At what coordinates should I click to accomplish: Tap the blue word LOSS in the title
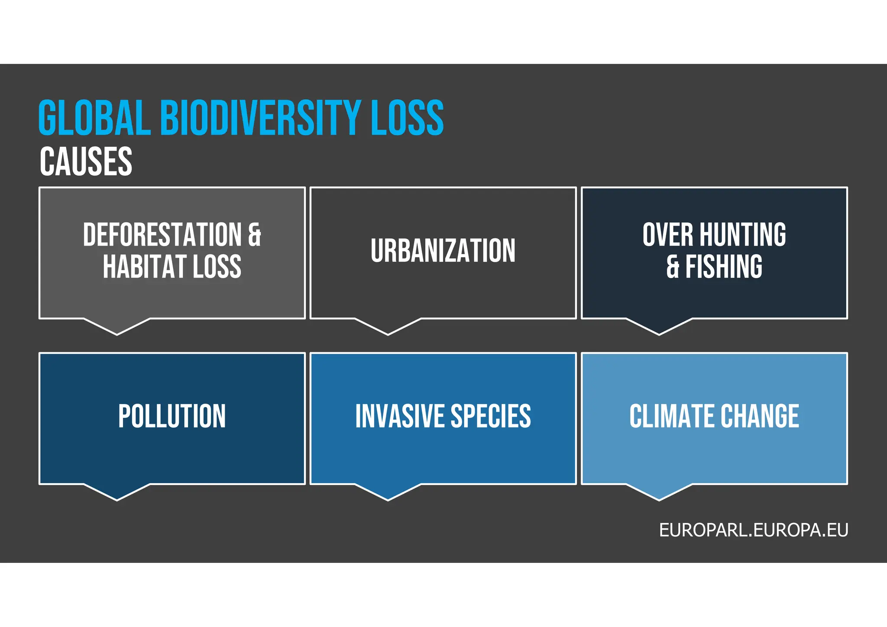(x=407, y=117)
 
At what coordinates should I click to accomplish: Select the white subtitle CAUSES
(x=86, y=162)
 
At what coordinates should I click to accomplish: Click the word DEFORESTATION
(x=162, y=235)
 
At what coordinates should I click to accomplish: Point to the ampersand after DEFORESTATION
(x=255, y=235)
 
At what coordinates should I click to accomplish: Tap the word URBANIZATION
(x=443, y=251)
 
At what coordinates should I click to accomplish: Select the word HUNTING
(x=743, y=235)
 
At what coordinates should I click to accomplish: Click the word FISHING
(x=724, y=267)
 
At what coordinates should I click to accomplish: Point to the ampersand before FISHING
(x=673, y=267)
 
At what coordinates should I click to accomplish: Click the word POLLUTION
(x=172, y=416)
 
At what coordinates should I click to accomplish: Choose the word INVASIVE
(x=400, y=416)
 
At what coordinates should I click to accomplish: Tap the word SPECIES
(x=491, y=416)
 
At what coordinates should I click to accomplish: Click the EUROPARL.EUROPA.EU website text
(x=754, y=530)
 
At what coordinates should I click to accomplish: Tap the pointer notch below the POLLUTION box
(x=117, y=493)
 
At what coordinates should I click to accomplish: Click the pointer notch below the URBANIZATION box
(x=388, y=327)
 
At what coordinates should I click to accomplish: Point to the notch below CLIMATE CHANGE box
(x=659, y=493)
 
